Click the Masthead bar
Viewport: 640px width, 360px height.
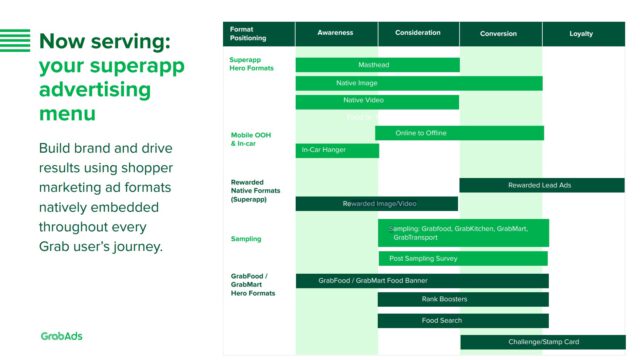point(377,65)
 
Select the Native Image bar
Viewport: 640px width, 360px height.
point(419,83)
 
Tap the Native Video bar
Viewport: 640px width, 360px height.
point(377,101)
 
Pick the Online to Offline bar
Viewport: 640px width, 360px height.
point(459,133)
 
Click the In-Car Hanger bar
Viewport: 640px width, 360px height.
point(337,151)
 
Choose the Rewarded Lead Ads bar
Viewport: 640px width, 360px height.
point(541,185)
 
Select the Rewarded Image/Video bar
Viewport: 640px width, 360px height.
point(377,204)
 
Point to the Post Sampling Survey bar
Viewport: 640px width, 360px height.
point(463,258)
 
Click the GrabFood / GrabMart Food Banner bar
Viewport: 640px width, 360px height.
point(421,281)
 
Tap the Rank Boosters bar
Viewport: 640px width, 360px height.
point(463,299)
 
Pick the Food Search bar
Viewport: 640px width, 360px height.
point(463,321)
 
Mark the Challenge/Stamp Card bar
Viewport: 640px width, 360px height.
point(543,342)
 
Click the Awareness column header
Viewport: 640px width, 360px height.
point(336,33)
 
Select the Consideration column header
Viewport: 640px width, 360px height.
point(418,33)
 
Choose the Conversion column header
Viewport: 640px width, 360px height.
point(499,34)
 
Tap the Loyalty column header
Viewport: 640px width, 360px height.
point(581,34)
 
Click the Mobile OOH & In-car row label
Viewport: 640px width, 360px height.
point(251,139)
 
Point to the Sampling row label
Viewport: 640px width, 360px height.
point(246,239)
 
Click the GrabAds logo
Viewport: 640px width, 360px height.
point(62,336)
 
